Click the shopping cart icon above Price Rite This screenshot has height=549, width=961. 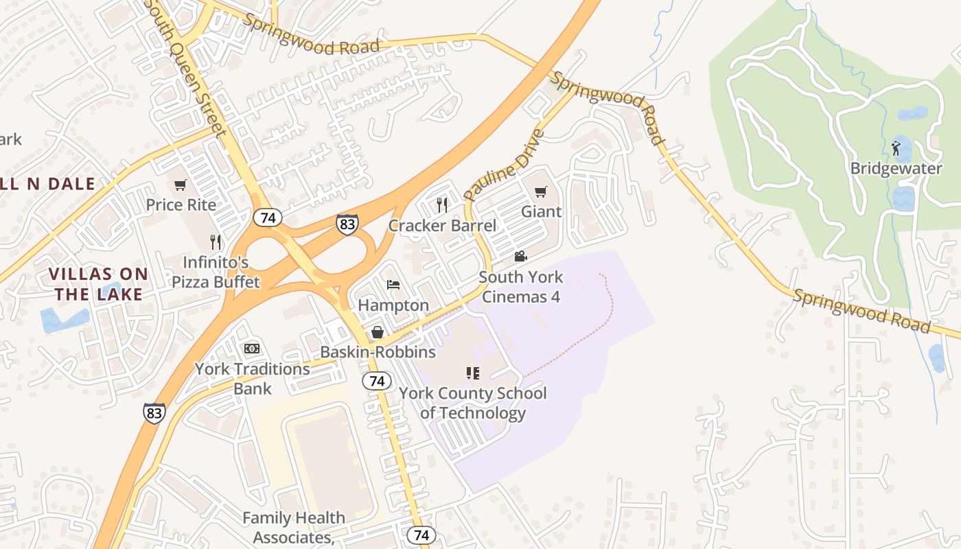[181, 185]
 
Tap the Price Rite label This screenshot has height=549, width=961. [181, 205]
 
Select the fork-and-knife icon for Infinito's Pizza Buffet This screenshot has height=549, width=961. [216, 242]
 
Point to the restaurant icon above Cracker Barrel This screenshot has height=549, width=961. [442, 205]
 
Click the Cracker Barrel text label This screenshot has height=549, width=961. [442, 225]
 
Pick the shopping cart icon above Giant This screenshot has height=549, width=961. [541, 191]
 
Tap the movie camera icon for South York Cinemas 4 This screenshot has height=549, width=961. [521, 257]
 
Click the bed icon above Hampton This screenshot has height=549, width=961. [393, 285]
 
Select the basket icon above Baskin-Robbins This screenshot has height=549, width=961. [378, 332]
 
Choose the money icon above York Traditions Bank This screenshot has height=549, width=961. [252, 349]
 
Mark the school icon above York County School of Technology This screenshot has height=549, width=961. [472, 373]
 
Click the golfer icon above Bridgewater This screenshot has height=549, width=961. [896, 148]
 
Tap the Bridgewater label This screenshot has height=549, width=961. [896, 168]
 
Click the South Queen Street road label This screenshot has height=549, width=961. [187, 69]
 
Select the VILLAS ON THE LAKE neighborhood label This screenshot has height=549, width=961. [98, 284]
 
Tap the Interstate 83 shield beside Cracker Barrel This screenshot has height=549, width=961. [347, 224]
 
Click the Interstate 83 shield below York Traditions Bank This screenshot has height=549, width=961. [154, 412]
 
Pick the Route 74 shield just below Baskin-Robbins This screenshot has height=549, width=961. [376, 381]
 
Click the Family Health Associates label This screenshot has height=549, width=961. [293, 527]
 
